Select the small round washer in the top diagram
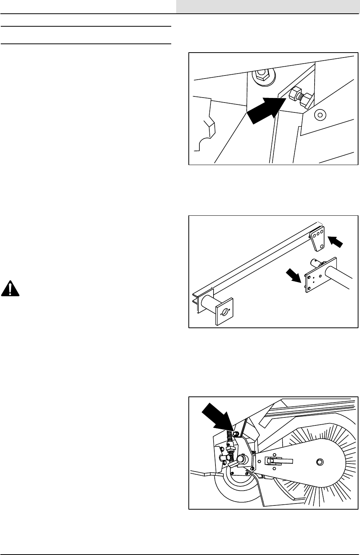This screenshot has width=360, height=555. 320,114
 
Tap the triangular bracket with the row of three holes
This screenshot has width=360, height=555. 317,239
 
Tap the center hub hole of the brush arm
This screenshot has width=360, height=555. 319,462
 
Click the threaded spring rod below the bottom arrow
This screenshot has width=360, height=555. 230,442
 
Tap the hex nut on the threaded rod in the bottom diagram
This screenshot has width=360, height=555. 231,455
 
